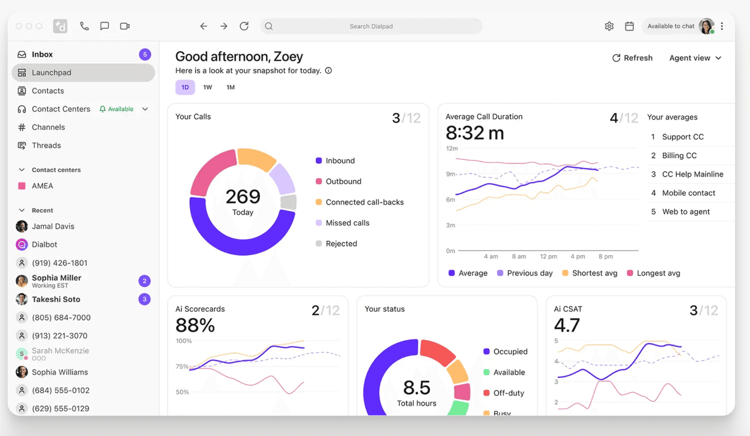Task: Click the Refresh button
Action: [x=632, y=58]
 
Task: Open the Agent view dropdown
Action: [x=695, y=58]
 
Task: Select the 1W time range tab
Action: [x=207, y=87]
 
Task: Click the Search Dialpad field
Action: [x=371, y=26]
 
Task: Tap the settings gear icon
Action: [x=609, y=26]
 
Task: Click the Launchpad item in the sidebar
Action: [x=51, y=73]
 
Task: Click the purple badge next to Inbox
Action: [x=145, y=55]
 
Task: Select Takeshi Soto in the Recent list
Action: [x=56, y=299]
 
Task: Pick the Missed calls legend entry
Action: [x=347, y=223]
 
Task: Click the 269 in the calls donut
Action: [x=242, y=197]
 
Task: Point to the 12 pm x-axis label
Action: [x=548, y=256]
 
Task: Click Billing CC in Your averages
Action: [x=679, y=156]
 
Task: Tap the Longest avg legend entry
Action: [x=658, y=273]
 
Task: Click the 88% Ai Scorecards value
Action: [x=195, y=325]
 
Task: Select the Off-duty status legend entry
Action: [x=508, y=393]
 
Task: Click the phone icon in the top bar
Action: [x=84, y=26]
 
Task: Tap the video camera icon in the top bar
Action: [x=125, y=26]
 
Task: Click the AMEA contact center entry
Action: [x=42, y=186]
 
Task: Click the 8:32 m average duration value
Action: [x=474, y=133]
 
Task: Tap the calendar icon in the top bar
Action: [x=629, y=26]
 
